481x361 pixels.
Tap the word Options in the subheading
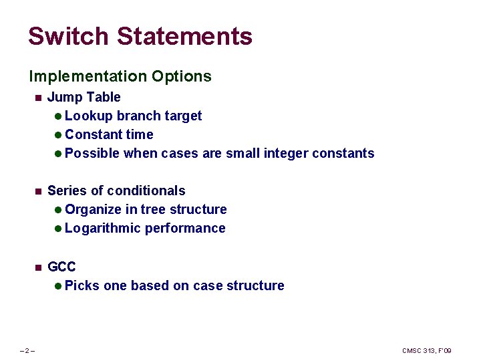pos(181,76)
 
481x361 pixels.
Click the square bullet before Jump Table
pos(38,98)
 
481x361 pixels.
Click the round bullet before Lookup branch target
pos(58,116)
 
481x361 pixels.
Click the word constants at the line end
pos(343,153)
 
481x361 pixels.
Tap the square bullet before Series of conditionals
pos(38,191)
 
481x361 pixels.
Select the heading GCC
pos(61,267)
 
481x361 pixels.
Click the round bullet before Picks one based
pos(58,286)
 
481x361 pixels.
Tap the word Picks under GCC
pos(82,285)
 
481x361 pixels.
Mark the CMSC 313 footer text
pos(426,351)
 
